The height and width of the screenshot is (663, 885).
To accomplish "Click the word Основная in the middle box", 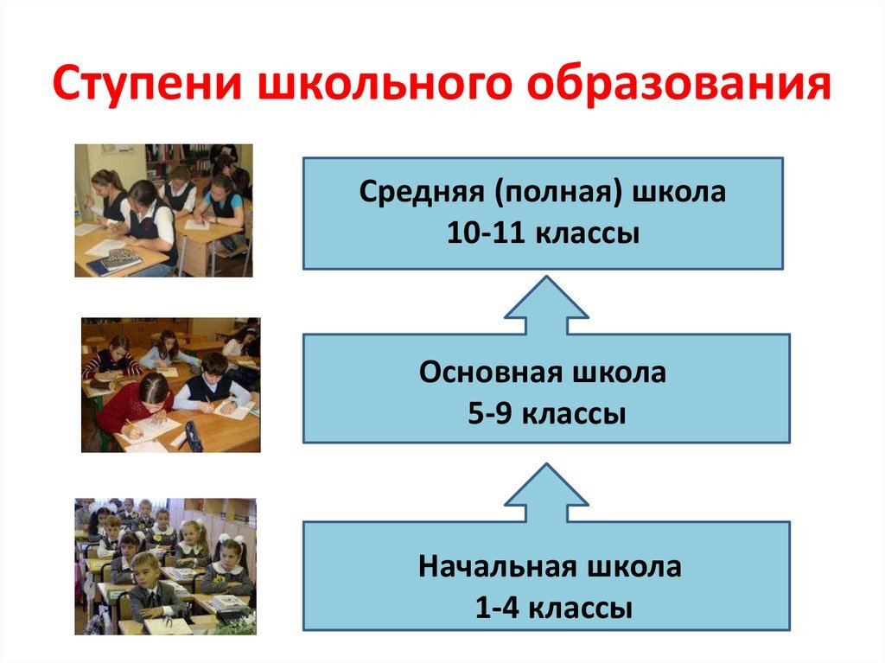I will [487, 373].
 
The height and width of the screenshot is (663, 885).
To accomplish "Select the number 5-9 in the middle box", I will [491, 413].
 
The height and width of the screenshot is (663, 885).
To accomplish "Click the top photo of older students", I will [163, 210].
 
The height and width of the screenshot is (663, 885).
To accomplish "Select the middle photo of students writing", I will [170, 385].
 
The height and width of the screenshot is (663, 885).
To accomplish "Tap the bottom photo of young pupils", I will [165, 566].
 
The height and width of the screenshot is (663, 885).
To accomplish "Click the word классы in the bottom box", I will [579, 608].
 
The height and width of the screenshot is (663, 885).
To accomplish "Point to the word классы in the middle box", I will [575, 413].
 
